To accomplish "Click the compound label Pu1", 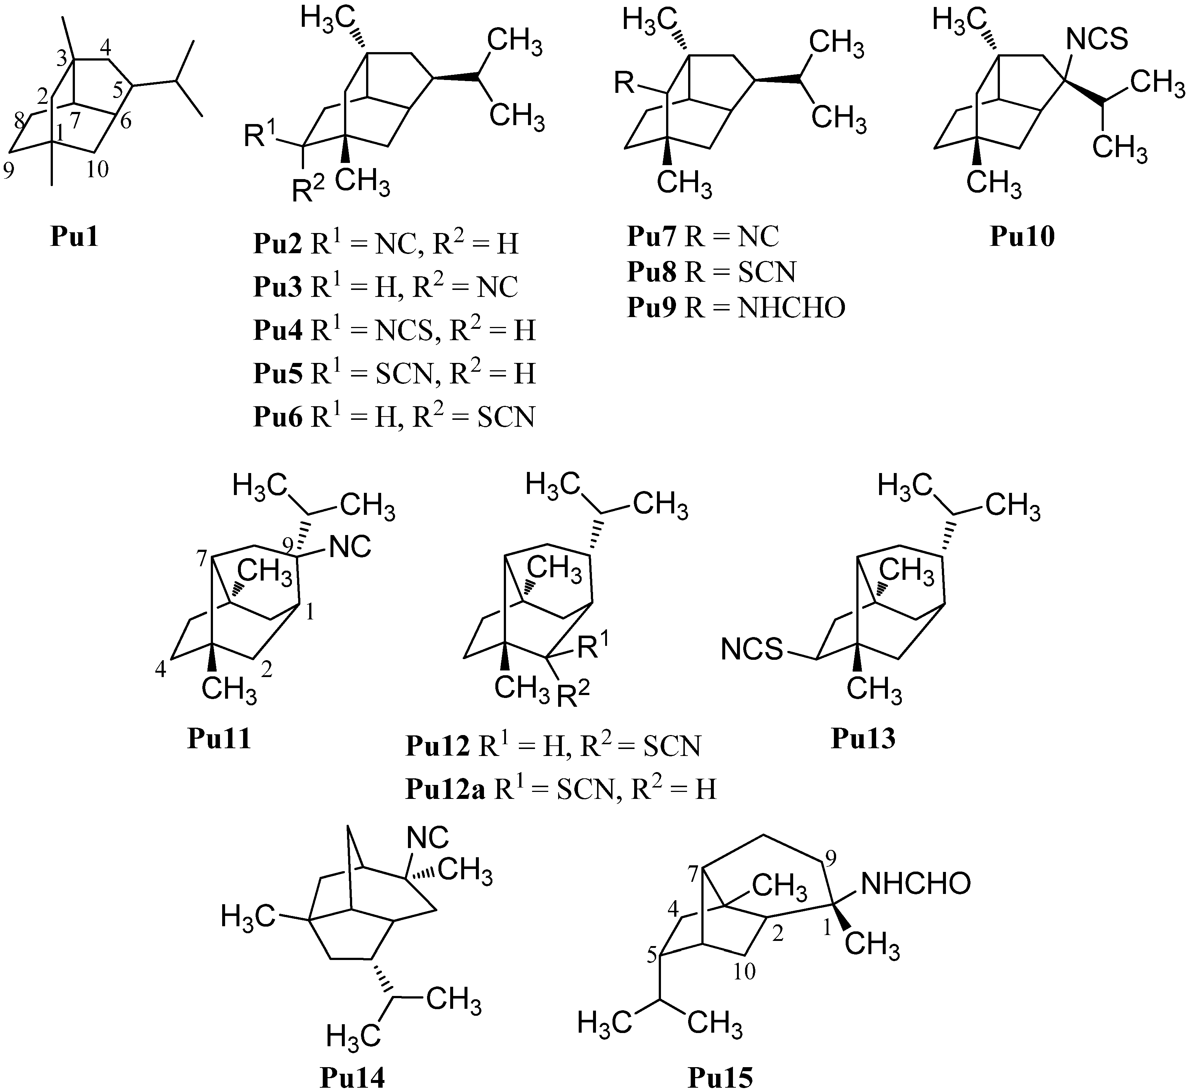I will click(75, 237).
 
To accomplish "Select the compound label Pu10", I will click(1022, 237).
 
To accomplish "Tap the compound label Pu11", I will click(219, 739).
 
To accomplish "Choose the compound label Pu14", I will click(352, 1077).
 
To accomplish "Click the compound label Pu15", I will click(720, 1077).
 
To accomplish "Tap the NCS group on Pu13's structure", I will click(751, 651).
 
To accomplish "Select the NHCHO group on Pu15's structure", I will click(915, 884).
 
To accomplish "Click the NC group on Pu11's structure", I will click(350, 547).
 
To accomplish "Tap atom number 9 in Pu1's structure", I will click(8, 171).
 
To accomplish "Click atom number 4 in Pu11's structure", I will click(160, 671).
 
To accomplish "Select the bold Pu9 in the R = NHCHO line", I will click(651, 308).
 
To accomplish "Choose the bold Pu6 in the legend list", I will click(278, 417).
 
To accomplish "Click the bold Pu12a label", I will click(445, 789).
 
